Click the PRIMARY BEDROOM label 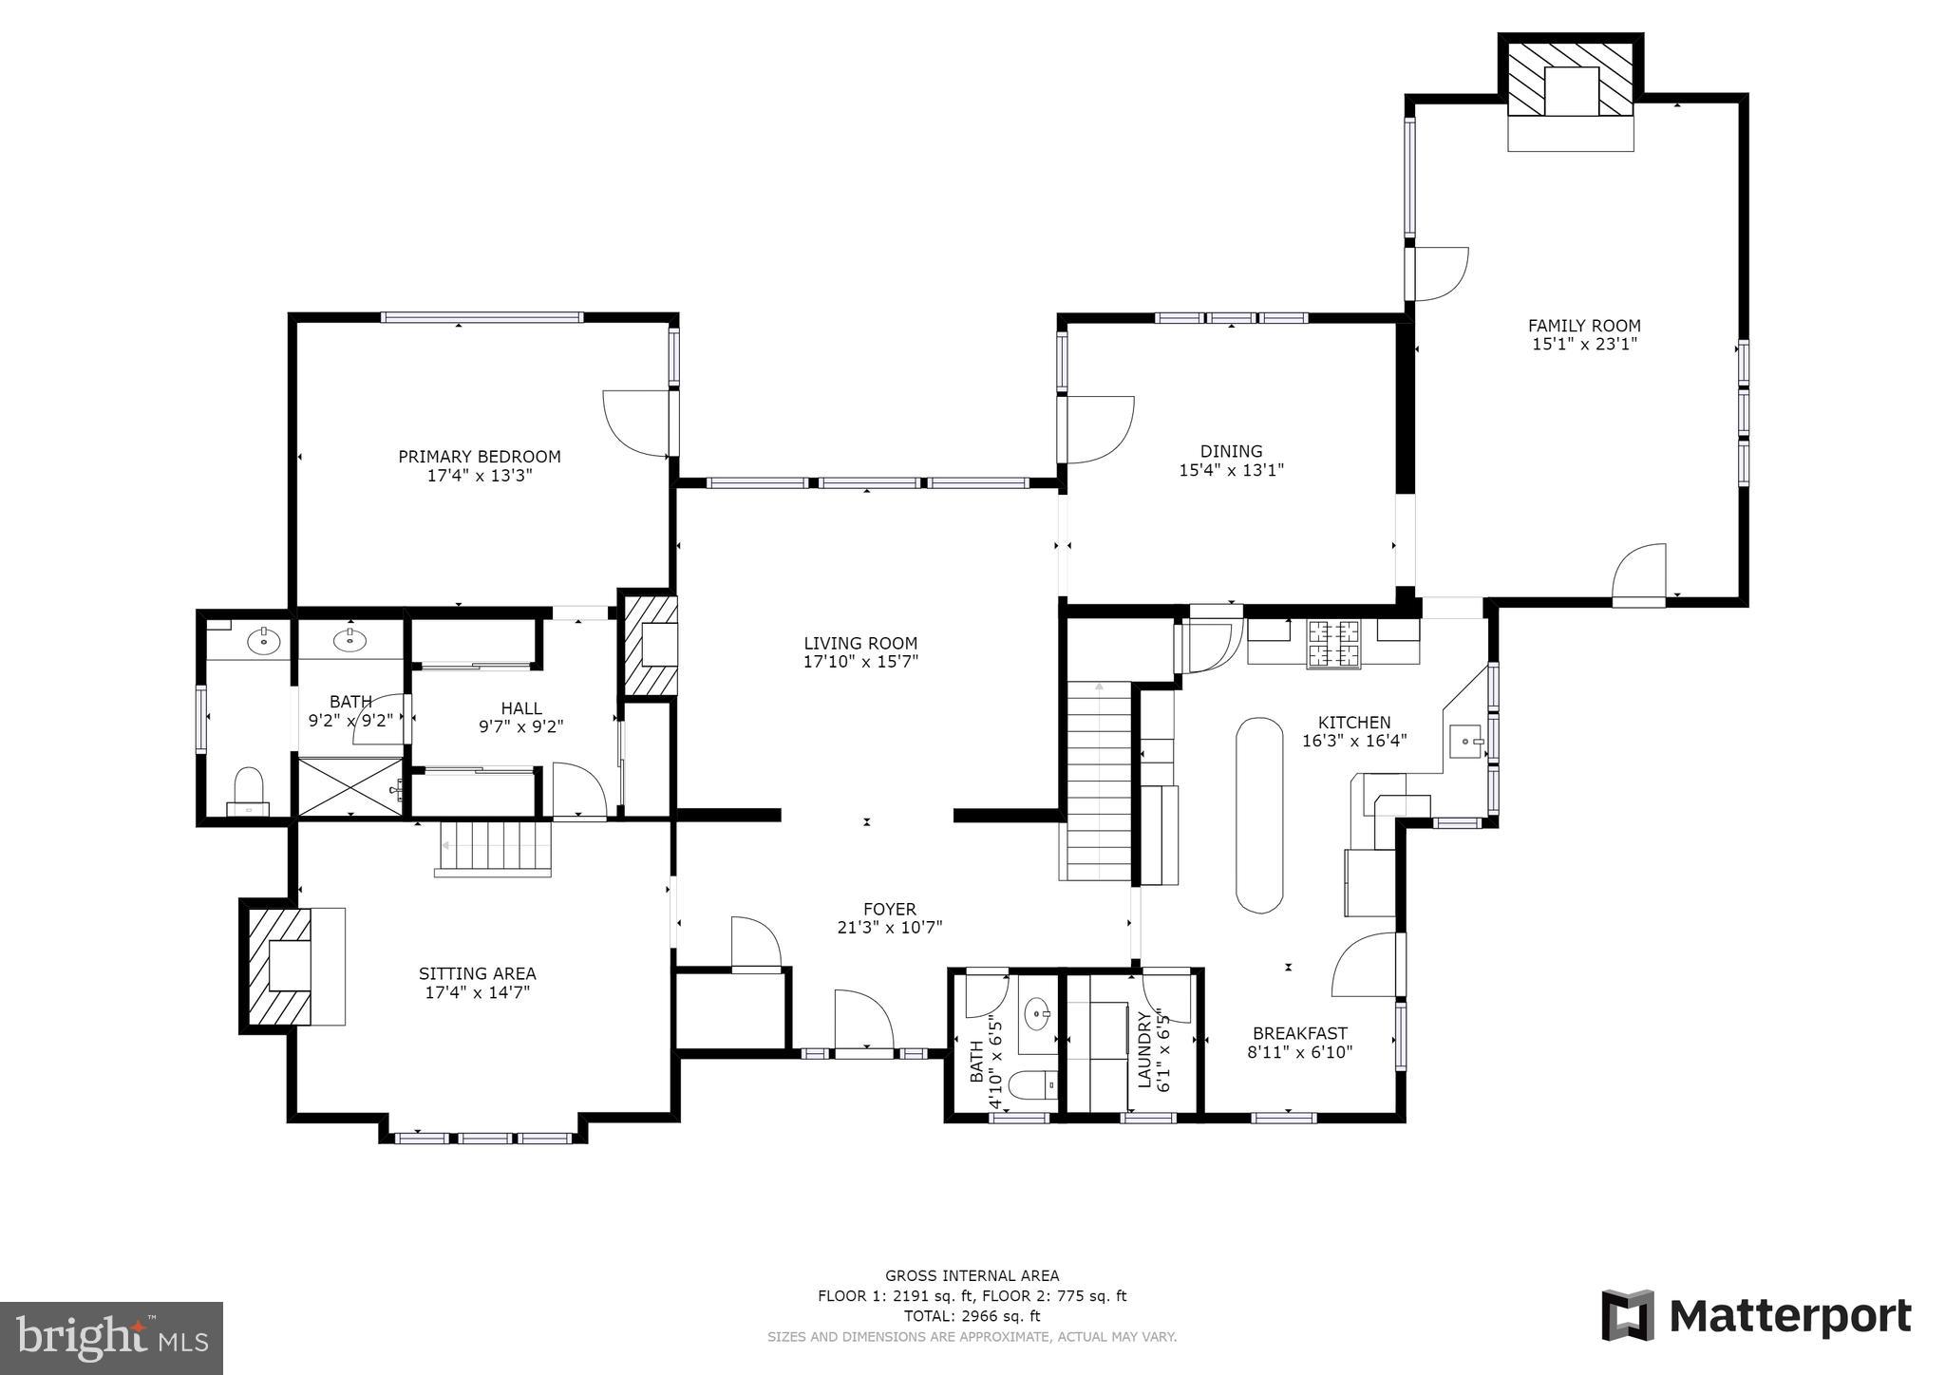479,457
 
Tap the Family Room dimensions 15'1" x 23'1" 1584,345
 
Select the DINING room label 1231,451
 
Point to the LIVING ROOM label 860,643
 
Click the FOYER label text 890,910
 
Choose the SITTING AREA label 478,973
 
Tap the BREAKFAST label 1299,1033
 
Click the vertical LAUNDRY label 1144,1049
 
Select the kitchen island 1258,815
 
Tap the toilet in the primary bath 248,791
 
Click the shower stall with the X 351,786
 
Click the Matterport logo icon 1628,1315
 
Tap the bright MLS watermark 112,1338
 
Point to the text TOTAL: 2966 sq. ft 972,1316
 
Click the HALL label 521,708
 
